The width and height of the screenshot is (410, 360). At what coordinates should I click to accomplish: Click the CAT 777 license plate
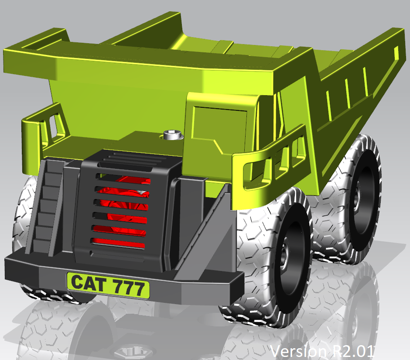coord(108,285)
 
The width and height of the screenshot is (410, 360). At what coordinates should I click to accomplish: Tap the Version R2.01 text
coord(322,350)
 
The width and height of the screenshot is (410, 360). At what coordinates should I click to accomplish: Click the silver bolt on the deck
coord(171,135)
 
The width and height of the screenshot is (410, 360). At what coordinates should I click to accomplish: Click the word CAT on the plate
coord(88,284)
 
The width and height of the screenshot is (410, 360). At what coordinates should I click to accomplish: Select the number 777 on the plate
coord(128,288)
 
